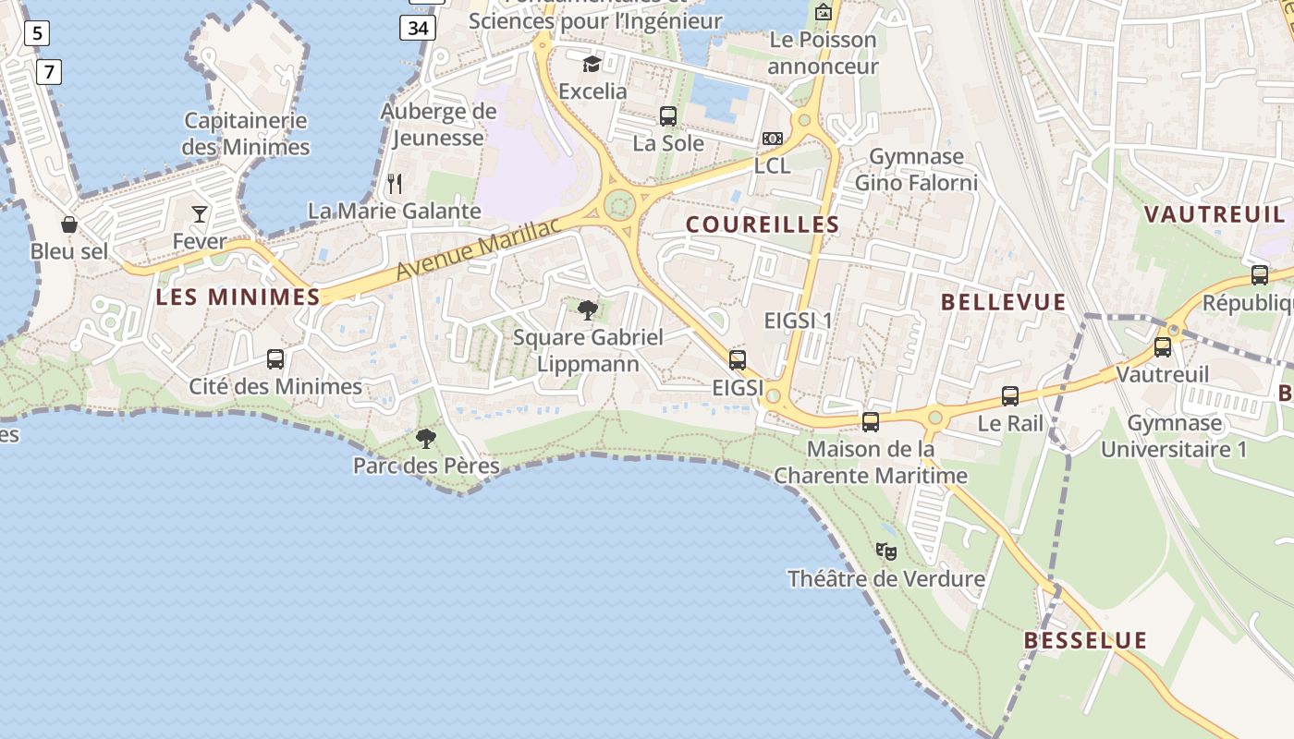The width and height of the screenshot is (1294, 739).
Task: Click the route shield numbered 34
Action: (418, 28)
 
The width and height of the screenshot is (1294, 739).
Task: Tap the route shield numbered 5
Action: (36, 34)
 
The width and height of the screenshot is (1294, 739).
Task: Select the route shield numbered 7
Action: (49, 71)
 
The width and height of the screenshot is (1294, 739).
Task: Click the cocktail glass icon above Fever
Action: (200, 214)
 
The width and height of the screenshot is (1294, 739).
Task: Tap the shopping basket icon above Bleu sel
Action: (69, 224)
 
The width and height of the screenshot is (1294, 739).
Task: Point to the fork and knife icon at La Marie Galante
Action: (395, 184)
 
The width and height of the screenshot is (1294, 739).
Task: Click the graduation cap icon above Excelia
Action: (592, 64)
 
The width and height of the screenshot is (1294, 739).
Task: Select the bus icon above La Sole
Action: (668, 116)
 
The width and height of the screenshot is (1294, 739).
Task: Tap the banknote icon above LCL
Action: (773, 139)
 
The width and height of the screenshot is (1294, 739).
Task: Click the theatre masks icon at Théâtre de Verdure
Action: (885, 551)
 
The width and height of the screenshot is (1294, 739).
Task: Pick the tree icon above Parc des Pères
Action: (426, 438)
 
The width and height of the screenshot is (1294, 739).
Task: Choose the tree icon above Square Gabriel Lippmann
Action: (587, 309)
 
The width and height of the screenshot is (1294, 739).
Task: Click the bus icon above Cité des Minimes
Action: (275, 358)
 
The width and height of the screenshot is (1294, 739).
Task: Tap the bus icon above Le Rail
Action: (1010, 396)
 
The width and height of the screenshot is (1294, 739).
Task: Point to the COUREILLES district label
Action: (763, 224)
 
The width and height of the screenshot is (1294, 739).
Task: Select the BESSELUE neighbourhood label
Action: (1085, 640)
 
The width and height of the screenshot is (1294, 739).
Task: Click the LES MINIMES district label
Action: (238, 297)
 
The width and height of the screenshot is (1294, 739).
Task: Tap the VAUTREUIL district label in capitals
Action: (1215, 215)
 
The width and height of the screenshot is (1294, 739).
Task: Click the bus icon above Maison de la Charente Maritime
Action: (871, 422)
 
